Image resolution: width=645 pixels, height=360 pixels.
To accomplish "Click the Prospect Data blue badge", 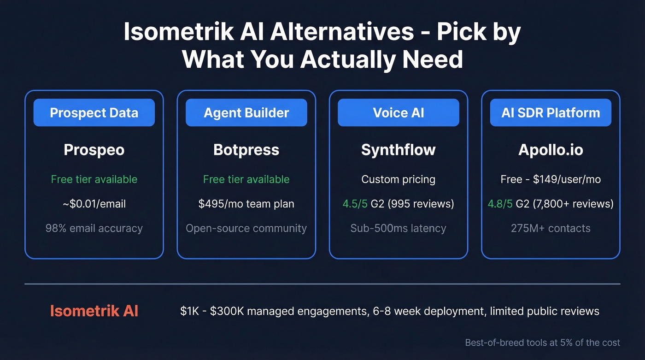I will (x=94, y=113).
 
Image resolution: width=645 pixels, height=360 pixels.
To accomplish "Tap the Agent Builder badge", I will (x=246, y=113).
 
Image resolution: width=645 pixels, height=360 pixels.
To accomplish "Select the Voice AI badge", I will (x=399, y=113).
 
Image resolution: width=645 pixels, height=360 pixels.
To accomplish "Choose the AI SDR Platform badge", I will (x=551, y=113).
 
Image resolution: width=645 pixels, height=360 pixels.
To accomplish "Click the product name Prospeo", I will (x=94, y=150).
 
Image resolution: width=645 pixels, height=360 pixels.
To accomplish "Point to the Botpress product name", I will (x=246, y=150).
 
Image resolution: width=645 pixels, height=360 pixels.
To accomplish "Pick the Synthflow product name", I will (x=399, y=150).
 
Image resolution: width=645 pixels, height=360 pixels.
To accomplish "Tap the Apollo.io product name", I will (x=551, y=150).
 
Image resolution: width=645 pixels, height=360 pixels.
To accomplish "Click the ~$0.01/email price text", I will (x=94, y=204).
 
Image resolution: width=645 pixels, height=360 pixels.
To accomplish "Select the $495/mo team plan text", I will (x=246, y=204).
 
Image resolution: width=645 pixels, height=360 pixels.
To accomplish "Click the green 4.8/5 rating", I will (x=500, y=204).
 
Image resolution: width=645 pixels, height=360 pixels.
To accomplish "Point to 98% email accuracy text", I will (x=94, y=228).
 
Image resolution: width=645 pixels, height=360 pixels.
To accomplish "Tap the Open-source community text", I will (x=246, y=228).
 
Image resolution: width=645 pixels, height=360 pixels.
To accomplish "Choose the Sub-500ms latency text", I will (x=399, y=228).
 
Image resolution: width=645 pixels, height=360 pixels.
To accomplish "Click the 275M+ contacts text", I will (x=551, y=228).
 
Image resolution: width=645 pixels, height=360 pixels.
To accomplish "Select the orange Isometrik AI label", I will (x=94, y=311).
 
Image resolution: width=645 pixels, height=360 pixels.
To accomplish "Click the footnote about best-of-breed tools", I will (x=542, y=342).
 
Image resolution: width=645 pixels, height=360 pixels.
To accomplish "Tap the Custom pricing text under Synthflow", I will (x=399, y=179).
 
